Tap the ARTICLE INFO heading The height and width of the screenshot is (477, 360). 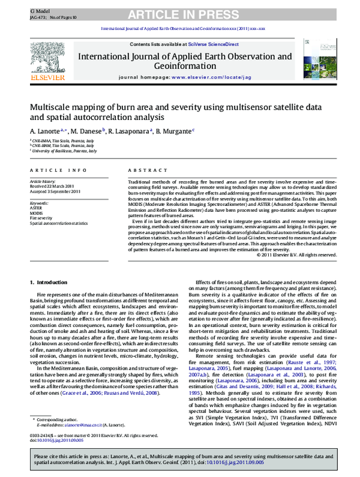[53, 170]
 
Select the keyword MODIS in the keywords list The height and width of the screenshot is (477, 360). [37, 213]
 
